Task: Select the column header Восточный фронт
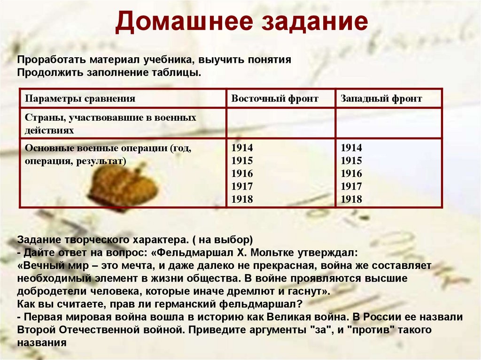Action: (275, 99)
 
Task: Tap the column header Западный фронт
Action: (381, 99)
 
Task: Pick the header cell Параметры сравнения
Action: (80, 99)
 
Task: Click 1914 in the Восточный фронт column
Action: (242, 148)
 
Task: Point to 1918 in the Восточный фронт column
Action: (242, 199)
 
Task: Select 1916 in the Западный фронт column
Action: (351, 174)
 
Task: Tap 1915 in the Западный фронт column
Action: (351, 161)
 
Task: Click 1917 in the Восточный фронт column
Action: (242, 186)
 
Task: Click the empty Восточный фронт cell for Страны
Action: (280, 123)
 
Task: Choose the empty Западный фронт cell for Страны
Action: (388, 123)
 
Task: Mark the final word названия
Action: (41, 343)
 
